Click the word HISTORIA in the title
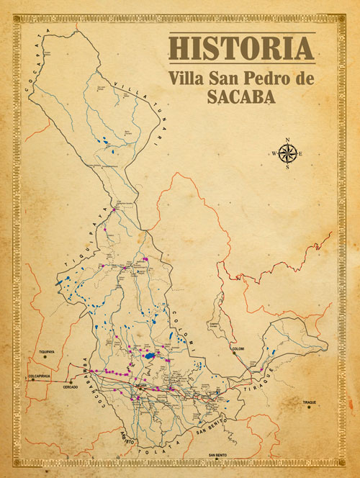pyautogui.click(x=241, y=48)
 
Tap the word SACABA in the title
pyautogui.click(x=241, y=99)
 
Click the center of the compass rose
pyautogui.click(x=287, y=153)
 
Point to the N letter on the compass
pyautogui.click(x=287, y=140)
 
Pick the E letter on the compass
pyautogui.click(x=300, y=153)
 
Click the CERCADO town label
pyautogui.click(x=71, y=387)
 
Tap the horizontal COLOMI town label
pyautogui.click(x=238, y=349)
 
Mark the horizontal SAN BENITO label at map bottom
pyautogui.click(x=220, y=456)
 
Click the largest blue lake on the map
pyautogui.click(x=149, y=356)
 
